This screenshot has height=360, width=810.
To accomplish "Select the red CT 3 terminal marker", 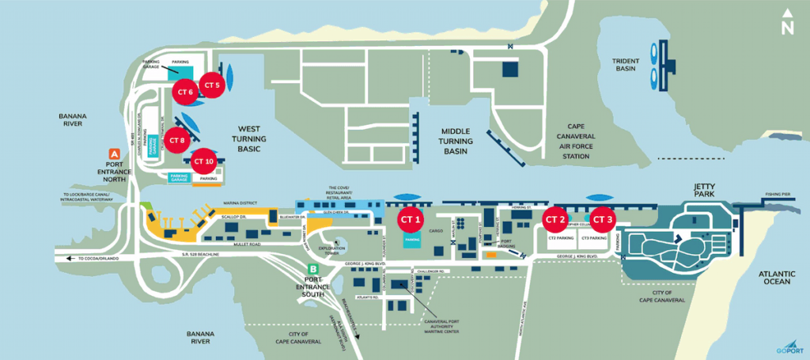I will click(602, 218).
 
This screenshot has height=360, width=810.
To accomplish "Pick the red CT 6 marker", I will click(186, 93).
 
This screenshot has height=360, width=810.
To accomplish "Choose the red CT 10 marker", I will click(203, 161).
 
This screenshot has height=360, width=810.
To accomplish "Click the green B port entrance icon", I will click(314, 270).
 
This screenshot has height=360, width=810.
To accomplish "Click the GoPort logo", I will click(788, 347).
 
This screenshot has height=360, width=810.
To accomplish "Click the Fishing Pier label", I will click(782, 193).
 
